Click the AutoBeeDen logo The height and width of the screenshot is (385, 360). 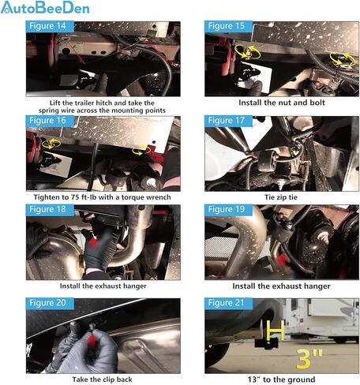tap(45, 7)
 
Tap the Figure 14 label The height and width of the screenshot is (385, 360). tap(47, 26)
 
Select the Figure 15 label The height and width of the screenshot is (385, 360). tap(227, 26)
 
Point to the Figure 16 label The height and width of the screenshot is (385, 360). tap(47, 121)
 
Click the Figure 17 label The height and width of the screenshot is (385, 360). tap(227, 121)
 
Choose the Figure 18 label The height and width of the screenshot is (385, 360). tap(47, 210)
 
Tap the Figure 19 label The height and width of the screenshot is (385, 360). tap(227, 210)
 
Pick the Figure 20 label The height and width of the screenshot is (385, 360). tap(47, 303)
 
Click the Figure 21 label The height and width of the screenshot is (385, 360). tap(227, 303)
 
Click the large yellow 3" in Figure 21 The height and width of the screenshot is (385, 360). tap(309, 359)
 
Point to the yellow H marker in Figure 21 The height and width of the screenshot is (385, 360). tap(276, 331)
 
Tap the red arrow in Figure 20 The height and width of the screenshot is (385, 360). tap(92, 341)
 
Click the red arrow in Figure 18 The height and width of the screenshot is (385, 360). tap(92, 243)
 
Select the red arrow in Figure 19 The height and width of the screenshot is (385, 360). tap(283, 260)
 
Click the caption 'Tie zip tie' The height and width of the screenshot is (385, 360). tap(281, 197)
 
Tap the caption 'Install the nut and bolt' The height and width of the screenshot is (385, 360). tap(282, 103)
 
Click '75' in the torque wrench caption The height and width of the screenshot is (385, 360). tap(75, 197)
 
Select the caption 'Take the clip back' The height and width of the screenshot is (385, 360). tap(103, 379)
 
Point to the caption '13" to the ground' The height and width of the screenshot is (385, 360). tap(281, 379)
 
